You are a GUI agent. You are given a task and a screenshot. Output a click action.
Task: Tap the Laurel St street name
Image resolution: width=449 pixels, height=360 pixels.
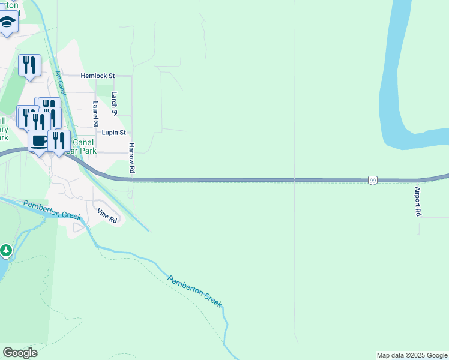coord(95,113)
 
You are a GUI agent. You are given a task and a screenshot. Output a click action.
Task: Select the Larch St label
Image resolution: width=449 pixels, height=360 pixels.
coord(115,104)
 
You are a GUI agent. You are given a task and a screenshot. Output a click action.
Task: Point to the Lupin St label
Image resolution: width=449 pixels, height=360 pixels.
coord(113,133)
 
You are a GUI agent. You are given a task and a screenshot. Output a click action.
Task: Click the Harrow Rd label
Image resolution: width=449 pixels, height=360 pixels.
coord(131,158)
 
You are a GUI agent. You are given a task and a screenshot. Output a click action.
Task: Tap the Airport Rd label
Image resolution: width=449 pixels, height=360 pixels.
coord(418,202)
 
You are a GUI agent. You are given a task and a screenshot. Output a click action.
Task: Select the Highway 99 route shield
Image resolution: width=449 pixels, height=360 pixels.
coord(373,180)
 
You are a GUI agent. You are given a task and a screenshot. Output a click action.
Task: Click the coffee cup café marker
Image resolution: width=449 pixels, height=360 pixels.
coord(40,142)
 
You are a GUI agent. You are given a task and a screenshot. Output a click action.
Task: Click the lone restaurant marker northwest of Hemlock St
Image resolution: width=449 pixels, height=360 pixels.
coord(29,65)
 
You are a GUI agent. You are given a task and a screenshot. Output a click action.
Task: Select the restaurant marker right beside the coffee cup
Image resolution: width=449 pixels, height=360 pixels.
coord(58,141)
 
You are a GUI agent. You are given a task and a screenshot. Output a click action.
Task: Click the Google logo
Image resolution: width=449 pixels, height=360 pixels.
coord(20,353)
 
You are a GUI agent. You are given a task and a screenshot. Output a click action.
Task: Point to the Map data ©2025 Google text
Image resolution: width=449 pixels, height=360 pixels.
coord(412,355)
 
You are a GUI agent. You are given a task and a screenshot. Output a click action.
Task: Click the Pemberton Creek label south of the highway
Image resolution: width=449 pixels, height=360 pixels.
coord(195,291)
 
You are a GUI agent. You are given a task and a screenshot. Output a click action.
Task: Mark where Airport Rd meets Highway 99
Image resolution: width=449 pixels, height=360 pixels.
coord(418,180)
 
